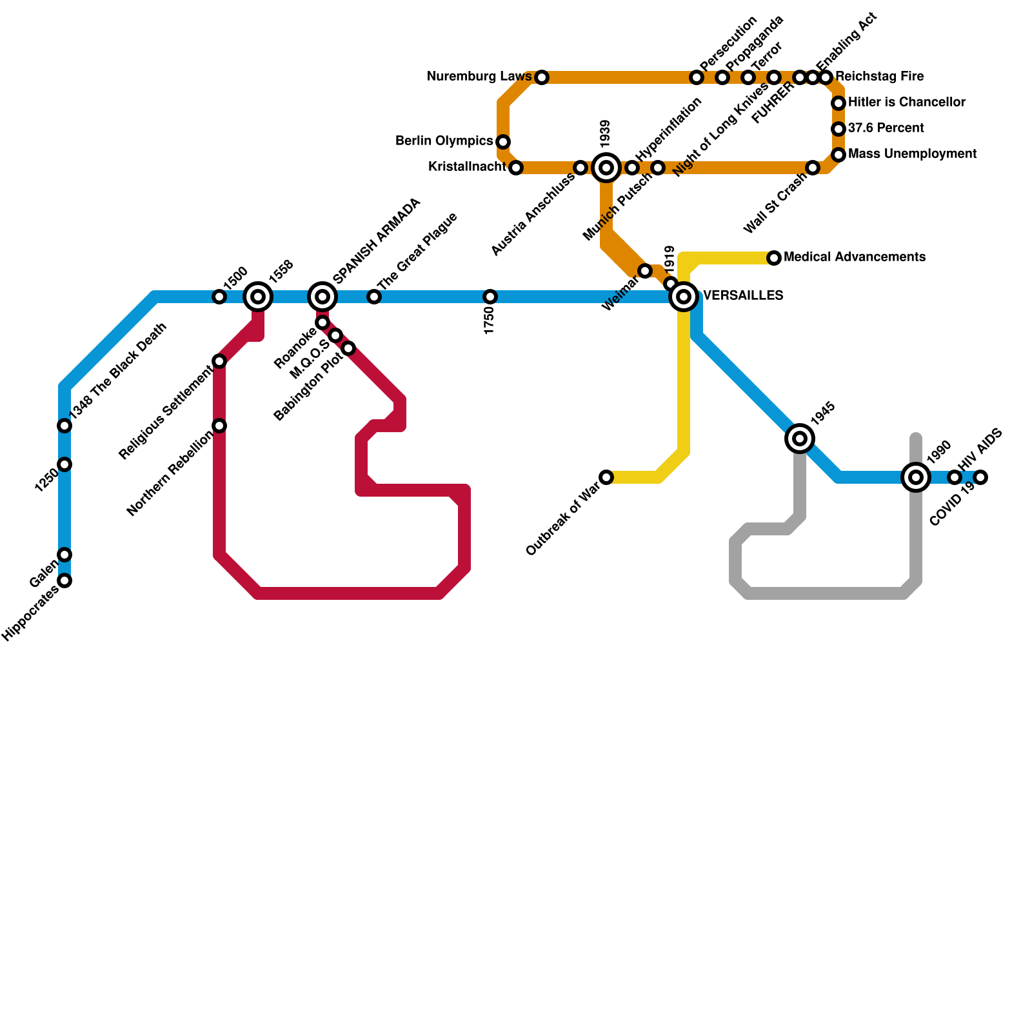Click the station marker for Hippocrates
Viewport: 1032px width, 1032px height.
[x=64, y=580]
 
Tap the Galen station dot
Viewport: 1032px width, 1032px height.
[x=64, y=555]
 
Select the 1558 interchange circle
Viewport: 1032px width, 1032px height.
[x=258, y=297]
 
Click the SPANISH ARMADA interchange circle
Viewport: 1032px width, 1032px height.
[x=322, y=297]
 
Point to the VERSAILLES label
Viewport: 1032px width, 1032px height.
[x=743, y=296]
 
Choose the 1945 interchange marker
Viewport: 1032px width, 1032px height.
[x=800, y=439]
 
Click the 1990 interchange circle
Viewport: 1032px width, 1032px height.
[x=916, y=477]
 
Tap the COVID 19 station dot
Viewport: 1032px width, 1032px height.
[x=980, y=477]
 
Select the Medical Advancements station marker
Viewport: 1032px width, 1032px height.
[x=774, y=258]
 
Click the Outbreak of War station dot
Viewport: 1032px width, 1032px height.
[x=606, y=477]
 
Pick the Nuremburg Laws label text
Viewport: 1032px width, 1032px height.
[x=479, y=77]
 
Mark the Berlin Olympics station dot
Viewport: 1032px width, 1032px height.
[x=503, y=142]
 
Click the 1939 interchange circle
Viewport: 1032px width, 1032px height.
[x=606, y=168]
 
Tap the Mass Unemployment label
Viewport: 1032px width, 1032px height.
[x=912, y=154]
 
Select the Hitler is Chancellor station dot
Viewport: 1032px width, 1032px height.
[x=838, y=103]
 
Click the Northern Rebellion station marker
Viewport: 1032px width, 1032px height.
[x=219, y=426]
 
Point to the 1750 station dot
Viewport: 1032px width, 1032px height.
[x=490, y=297]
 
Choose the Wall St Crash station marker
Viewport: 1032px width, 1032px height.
[x=813, y=168]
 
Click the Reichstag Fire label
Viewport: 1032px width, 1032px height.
[x=880, y=77]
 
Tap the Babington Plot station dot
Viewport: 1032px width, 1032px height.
[x=348, y=348]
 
